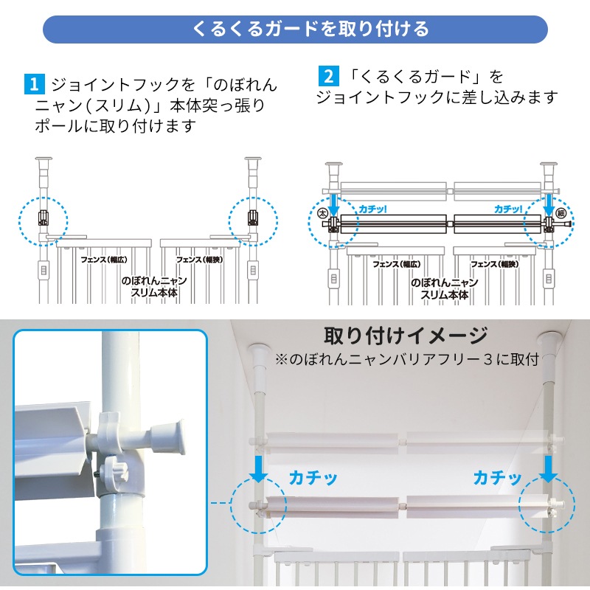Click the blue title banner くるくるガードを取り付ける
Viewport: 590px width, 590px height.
pyautogui.click(x=295, y=29)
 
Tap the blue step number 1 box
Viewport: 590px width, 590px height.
pyautogui.click(x=34, y=84)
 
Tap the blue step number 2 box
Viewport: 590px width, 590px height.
pyautogui.click(x=328, y=76)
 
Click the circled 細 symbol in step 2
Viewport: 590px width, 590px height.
pyautogui.click(x=560, y=213)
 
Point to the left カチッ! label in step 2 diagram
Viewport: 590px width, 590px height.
pyautogui.click(x=372, y=209)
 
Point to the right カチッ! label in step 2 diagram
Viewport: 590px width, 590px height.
pyautogui.click(x=508, y=209)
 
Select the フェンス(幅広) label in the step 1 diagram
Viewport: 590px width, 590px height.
pyautogui.click(x=104, y=260)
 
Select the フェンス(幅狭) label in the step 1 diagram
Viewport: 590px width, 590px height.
pyautogui.click(x=199, y=260)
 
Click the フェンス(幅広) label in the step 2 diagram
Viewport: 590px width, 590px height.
pyautogui.click(x=396, y=264)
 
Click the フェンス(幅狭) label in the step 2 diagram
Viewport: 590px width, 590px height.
pyautogui.click(x=494, y=264)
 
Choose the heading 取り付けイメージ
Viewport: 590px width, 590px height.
pyautogui.click(x=406, y=336)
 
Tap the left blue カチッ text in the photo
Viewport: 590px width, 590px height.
pyautogui.click(x=313, y=478)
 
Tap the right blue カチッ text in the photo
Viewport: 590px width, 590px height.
pyautogui.click(x=497, y=478)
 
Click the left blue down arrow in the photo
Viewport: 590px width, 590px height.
pyautogui.click(x=259, y=468)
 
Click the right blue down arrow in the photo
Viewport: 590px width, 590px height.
pyautogui.click(x=549, y=468)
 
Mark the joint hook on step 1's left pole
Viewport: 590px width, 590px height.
pyautogui.click(x=44, y=218)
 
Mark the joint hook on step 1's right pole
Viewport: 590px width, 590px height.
pyautogui.click(x=253, y=218)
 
